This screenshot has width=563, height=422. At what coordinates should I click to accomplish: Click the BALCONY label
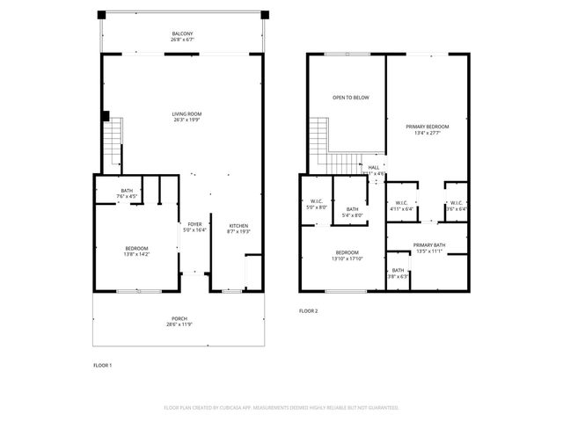182,35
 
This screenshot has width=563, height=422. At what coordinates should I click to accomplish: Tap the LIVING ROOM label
186,113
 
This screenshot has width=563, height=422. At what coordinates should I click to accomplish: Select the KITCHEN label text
239,225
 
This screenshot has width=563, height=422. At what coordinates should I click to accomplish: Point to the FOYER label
194,224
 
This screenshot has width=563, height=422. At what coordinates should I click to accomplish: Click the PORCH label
179,318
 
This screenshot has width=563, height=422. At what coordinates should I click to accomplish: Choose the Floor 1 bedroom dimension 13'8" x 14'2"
136,254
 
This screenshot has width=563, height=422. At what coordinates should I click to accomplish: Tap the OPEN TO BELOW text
350,98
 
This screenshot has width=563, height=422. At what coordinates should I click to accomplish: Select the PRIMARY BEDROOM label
428,127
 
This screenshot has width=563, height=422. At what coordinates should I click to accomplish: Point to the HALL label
374,167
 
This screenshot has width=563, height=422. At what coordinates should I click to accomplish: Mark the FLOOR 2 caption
308,311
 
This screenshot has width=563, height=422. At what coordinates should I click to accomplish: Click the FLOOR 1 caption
102,365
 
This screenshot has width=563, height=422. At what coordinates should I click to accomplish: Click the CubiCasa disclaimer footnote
281,408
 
